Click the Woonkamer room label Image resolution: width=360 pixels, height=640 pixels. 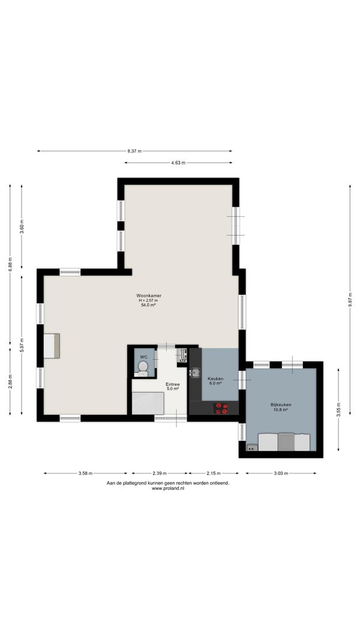146,295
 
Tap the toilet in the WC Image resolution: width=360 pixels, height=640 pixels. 143,369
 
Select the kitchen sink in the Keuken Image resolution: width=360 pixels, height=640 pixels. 196,372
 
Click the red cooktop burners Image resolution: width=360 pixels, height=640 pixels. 221,408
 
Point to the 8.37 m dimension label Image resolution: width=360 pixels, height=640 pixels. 134,151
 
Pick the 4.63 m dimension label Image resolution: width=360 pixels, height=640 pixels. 178,163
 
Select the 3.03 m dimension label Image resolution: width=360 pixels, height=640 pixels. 280,474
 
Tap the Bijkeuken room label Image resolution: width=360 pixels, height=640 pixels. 281,405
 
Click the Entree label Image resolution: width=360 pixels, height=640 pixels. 172,384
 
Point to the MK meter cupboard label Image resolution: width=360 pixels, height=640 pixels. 183,361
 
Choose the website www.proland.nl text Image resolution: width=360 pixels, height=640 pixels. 168,488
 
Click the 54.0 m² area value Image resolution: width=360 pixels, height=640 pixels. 146,304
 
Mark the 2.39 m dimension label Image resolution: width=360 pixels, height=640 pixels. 160,474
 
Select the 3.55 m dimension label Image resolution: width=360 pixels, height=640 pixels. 338,409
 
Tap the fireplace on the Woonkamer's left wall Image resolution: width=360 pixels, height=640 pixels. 52,346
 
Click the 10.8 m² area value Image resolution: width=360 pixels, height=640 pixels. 281,410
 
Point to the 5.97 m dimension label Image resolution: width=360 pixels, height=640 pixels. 22,345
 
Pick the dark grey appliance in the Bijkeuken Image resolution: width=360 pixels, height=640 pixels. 287,442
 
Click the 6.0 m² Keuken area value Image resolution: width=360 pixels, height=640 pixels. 215,383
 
